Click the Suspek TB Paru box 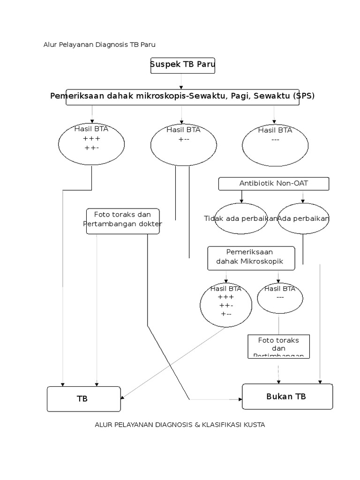pos(182,65)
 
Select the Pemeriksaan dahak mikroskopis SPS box pos(182,97)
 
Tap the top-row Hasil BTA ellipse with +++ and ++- pos(91,143)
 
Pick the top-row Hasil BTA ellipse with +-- pos(183,143)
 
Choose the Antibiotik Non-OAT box pos(274,183)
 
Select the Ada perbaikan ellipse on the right pos(303,219)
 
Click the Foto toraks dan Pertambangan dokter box pos(122,221)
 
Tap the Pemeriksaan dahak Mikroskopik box pos(251,258)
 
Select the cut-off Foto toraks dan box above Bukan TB pos(278,346)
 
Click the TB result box pos(83,399)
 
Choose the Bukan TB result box pos(287,397)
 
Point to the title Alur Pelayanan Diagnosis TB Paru pos(99,45)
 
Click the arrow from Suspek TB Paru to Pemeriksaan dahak pos(181,82)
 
